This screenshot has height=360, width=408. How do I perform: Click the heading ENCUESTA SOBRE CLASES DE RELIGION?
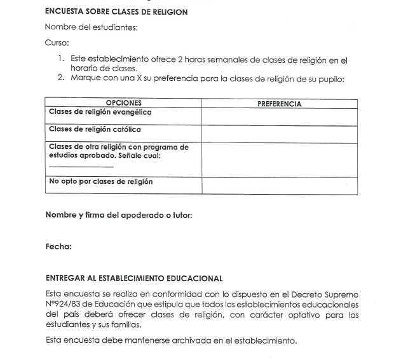point(116,12)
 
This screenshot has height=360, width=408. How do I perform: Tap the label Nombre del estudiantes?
point(92,27)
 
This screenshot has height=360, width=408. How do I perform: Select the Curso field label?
point(56,43)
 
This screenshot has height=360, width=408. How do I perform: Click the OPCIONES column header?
point(123,103)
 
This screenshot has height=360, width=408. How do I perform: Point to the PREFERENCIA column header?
point(279,104)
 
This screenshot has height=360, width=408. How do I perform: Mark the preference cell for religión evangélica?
point(279,116)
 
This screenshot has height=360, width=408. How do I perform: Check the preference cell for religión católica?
point(279,134)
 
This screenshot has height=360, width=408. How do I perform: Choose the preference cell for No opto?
point(279,186)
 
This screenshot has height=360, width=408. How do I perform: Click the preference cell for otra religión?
point(279,159)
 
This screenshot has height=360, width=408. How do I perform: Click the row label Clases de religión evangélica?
point(100,113)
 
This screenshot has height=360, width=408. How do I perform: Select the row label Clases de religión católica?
point(95,130)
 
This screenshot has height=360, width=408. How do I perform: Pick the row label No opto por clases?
point(100,182)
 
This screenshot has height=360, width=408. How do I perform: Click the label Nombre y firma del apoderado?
point(119,215)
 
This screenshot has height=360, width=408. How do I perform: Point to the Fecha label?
point(58,247)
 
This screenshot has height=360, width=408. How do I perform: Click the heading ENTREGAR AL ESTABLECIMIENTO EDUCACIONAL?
point(134,279)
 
